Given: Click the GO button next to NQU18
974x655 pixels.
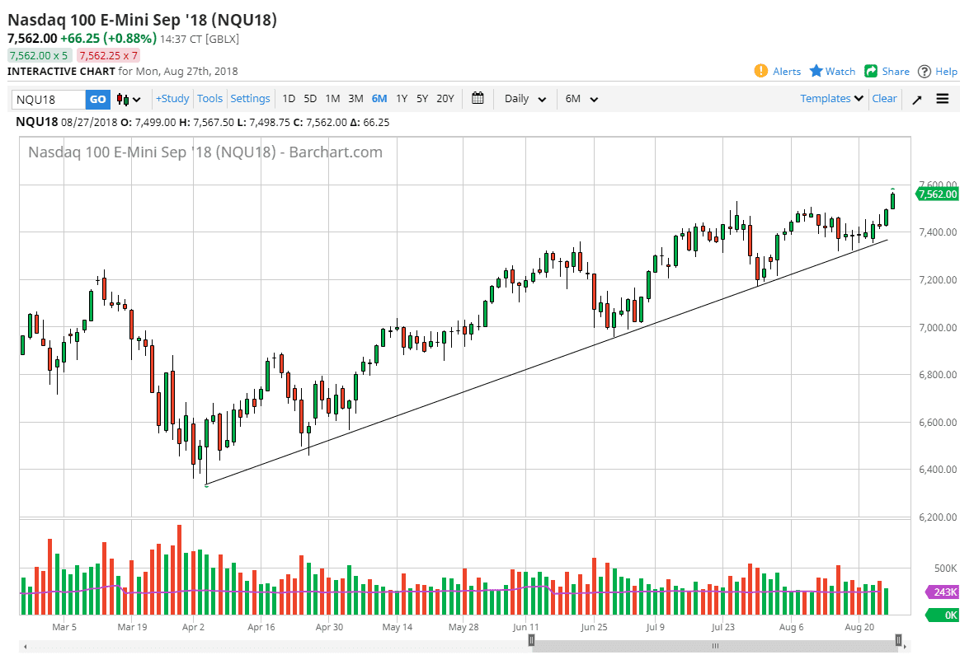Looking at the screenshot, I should click(97, 99).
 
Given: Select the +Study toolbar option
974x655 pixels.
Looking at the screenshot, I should click(172, 99).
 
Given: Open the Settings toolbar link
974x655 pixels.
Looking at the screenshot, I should click(250, 99).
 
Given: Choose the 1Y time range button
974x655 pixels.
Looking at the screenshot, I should click(402, 99).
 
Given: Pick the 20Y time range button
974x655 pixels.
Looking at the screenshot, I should click(445, 99).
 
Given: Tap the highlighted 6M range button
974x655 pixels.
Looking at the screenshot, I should click(379, 99).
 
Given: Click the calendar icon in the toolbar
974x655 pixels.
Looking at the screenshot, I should click(478, 99).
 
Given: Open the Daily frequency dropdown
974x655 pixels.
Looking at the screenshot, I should click(525, 99).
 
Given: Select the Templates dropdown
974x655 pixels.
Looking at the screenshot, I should click(831, 99).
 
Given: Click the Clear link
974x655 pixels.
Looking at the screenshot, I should click(884, 99).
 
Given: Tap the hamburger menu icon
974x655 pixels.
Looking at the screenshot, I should click(943, 99).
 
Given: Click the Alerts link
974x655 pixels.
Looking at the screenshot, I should click(778, 72).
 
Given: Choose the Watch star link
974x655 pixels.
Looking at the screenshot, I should click(832, 72).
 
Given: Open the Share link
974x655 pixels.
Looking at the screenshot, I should click(887, 72).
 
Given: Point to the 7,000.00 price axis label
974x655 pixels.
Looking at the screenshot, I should click(937, 328).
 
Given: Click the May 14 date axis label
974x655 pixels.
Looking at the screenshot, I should click(397, 627).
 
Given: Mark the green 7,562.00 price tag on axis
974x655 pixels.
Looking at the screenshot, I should click(937, 194).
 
